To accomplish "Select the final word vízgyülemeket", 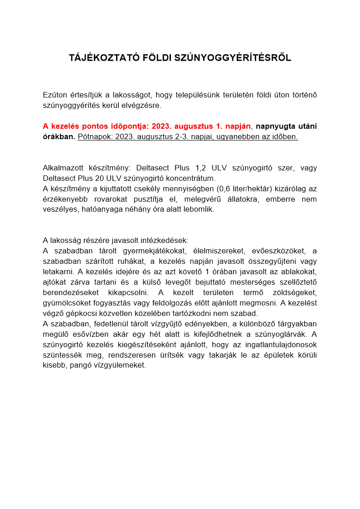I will pos(119,365).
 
